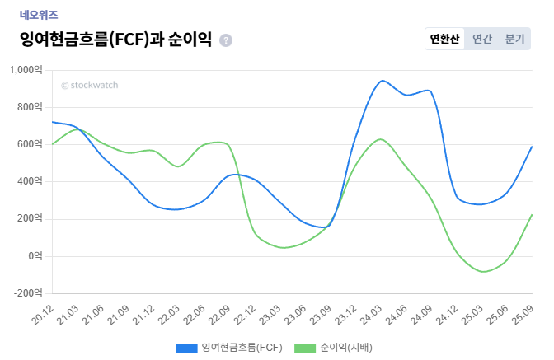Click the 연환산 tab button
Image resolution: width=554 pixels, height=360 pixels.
coord(444,39)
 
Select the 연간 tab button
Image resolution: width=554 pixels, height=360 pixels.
coord(482,39)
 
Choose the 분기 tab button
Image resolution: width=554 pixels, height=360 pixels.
coord(514,39)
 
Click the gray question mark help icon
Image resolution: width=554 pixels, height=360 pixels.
coord(226,40)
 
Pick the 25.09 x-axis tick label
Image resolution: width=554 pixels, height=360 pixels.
coord(522,314)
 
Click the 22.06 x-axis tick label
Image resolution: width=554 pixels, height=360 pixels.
coord(195,314)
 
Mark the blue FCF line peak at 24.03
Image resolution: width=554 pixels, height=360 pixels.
coord(382,81)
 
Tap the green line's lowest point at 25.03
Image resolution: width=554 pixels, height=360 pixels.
coord(484,272)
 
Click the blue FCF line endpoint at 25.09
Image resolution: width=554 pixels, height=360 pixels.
coord(532,147)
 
